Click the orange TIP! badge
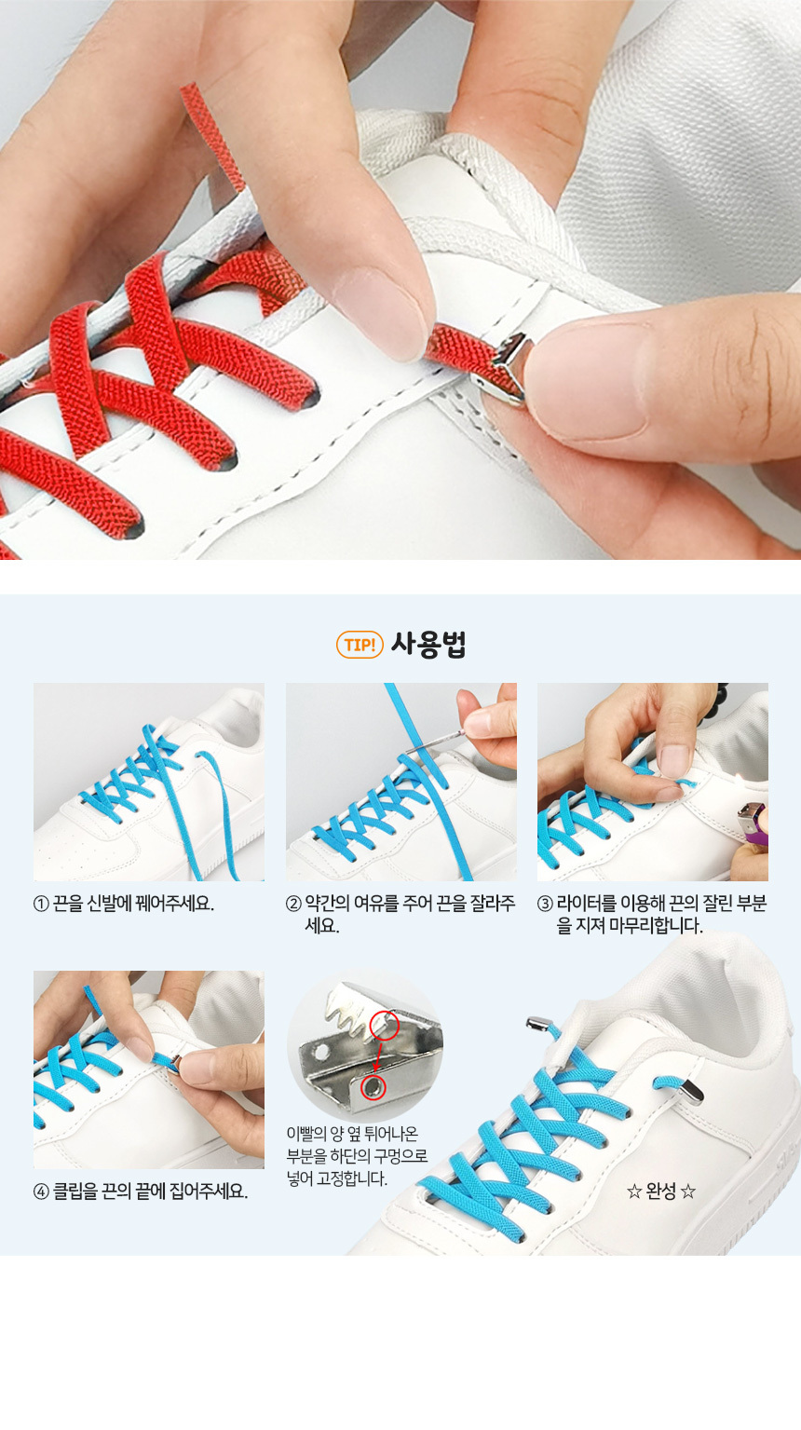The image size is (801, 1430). pos(360,645)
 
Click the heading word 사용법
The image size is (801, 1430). pos(428,644)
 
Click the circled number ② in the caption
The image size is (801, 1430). pos(293,904)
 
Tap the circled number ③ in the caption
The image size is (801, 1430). pos(545,904)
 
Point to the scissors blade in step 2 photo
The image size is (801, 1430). pos(434,742)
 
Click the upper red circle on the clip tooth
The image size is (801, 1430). pos(385,1026)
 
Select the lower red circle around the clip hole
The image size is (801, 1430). pos(373,1087)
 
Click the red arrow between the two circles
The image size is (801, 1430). pos(379,1056)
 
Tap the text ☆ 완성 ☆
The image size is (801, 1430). pos(660,1192)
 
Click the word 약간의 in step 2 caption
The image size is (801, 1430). pos(327,904)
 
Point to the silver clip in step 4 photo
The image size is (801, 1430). pos(174,1063)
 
